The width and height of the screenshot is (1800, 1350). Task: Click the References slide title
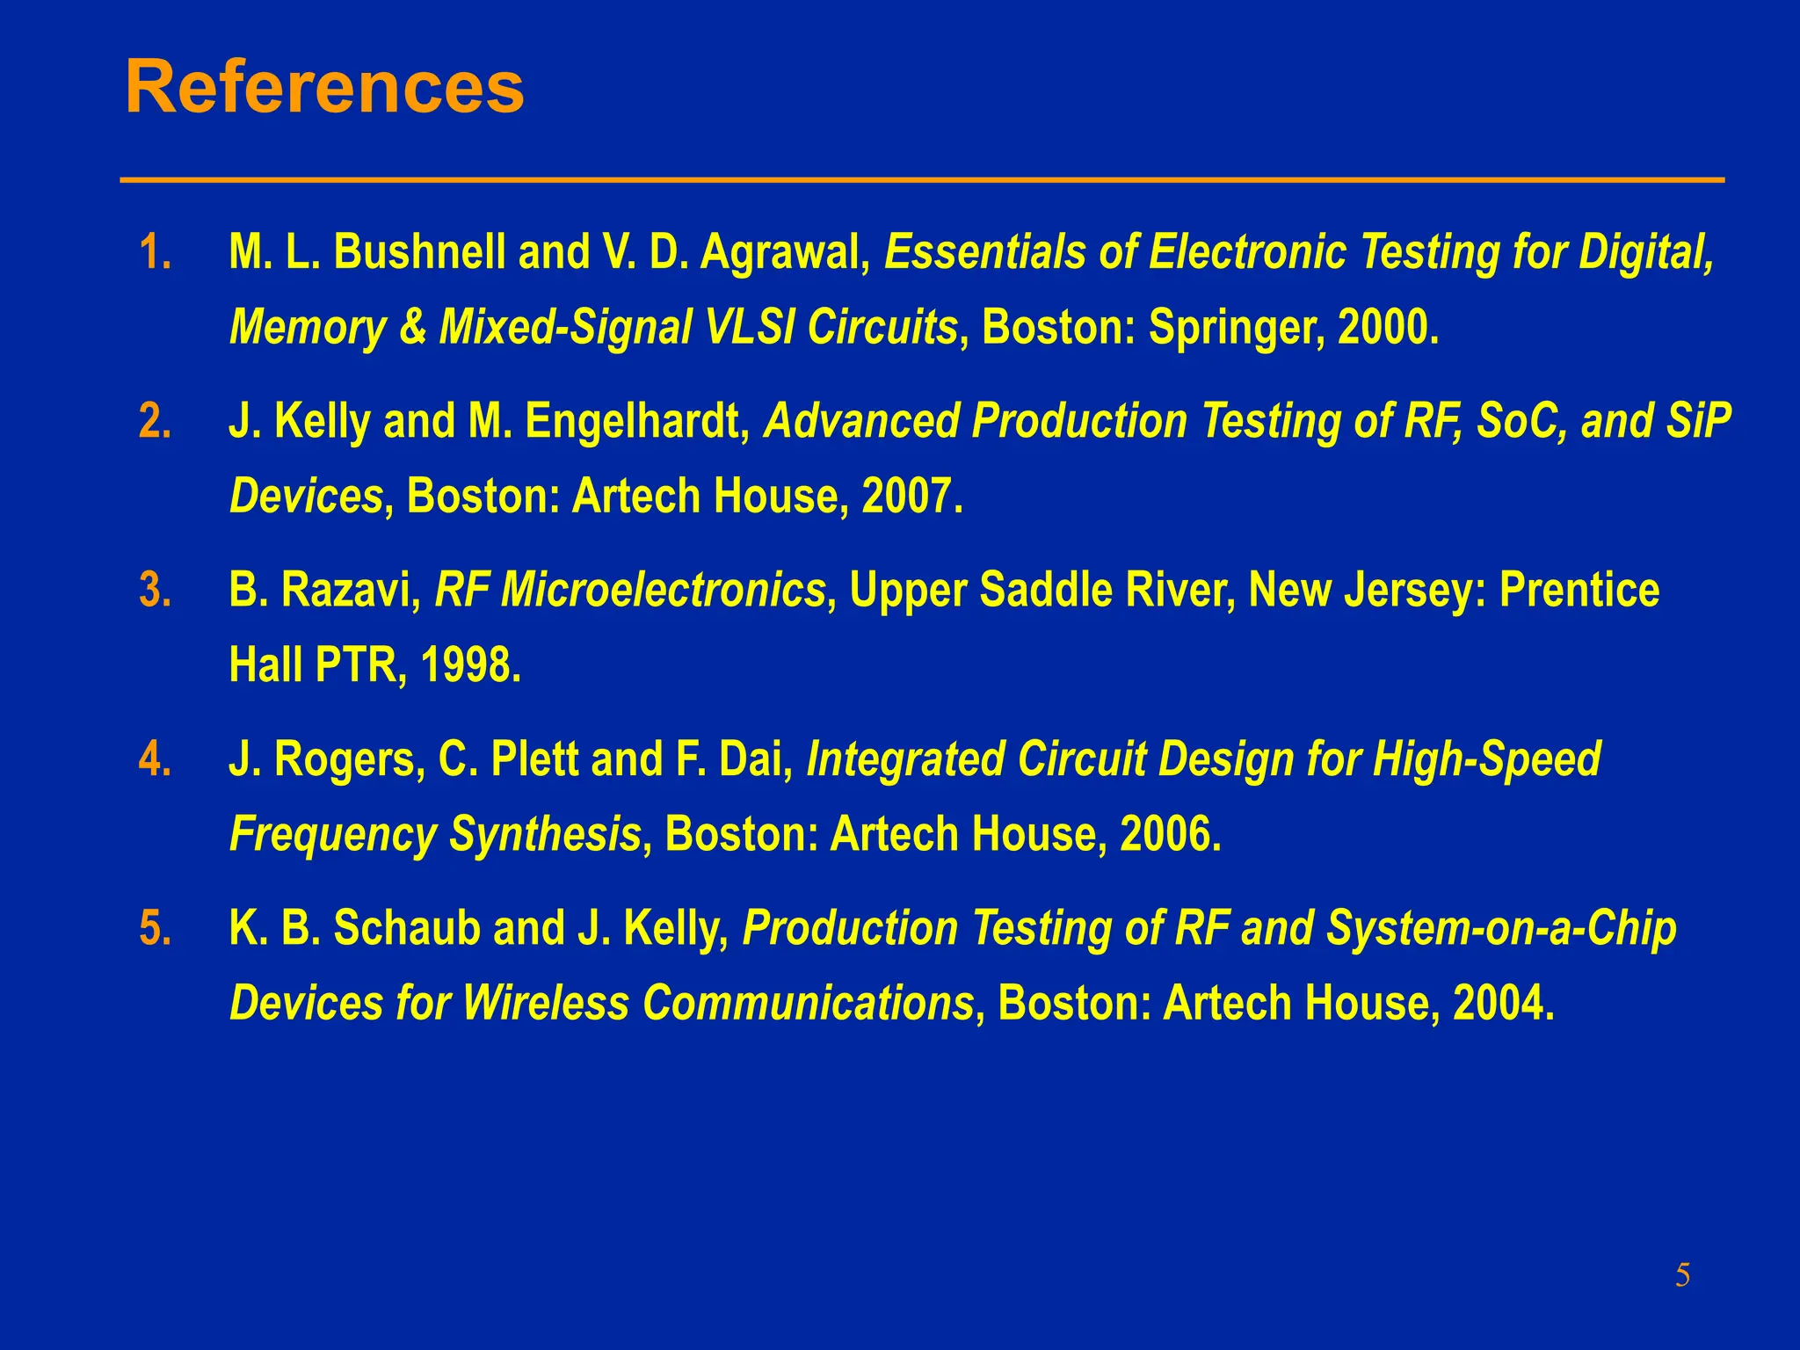324,87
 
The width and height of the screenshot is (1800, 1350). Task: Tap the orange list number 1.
155,253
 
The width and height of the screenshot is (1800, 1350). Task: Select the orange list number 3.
155,591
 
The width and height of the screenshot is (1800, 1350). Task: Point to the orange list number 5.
155,929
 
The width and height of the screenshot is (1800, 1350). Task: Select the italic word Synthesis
545,835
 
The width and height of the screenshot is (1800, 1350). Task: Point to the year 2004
1504,1004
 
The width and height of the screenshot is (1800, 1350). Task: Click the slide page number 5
1682,1274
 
